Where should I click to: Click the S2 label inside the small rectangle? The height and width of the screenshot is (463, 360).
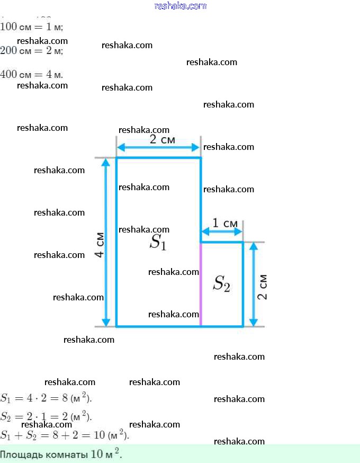pyautogui.click(x=221, y=284)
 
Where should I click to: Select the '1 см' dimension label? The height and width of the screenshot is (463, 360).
pyautogui.click(x=224, y=224)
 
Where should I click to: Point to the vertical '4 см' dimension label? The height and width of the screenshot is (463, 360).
pyautogui.click(x=99, y=245)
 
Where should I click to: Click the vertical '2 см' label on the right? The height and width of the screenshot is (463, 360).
pyautogui.click(x=262, y=287)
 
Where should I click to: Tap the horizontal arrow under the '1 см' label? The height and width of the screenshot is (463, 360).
pyautogui.click(x=221, y=232)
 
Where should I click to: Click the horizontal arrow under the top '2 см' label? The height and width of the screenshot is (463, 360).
pyautogui.click(x=158, y=147)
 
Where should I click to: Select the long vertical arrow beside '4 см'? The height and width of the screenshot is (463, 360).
pyautogui.click(x=106, y=242)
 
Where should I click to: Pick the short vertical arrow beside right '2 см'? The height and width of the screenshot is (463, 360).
pyautogui.click(x=254, y=284)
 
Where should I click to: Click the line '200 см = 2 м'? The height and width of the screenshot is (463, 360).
pyautogui.click(x=32, y=51)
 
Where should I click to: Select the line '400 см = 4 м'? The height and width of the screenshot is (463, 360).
pyautogui.click(x=32, y=74)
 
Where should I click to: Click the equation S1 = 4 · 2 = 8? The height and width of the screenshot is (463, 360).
pyautogui.click(x=47, y=398)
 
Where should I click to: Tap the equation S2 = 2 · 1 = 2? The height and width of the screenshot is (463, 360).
pyautogui.click(x=47, y=416)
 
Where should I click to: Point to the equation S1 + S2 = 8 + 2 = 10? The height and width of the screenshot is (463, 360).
pyautogui.click(x=65, y=435)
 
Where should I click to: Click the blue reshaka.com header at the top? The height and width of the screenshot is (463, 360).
pyautogui.click(x=180, y=6)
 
